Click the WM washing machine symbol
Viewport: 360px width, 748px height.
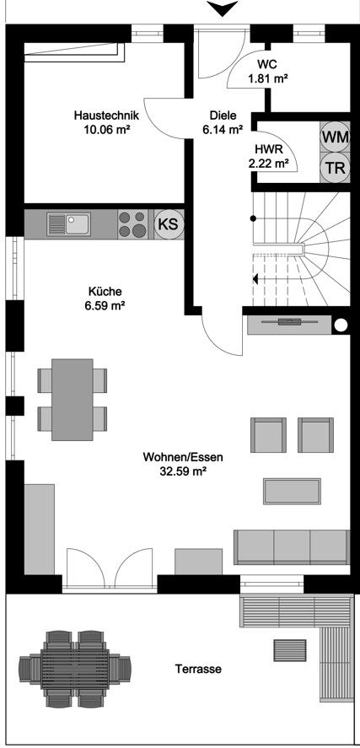[x=335, y=137]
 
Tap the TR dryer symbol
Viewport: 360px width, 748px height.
[x=335, y=168]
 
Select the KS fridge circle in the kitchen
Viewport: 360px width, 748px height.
[x=169, y=223]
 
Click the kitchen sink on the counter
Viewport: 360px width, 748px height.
[x=69, y=224]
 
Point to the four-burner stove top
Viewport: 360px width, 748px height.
[x=132, y=224]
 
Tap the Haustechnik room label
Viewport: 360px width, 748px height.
[x=106, y=116]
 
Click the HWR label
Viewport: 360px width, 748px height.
[x=266, y=148]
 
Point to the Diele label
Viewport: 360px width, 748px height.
[x=223, y=116]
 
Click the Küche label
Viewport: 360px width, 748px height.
[x=105, y=291]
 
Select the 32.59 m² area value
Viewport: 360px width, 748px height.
[x=183, y=471]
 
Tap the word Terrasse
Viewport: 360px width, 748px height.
[x=198, y=670]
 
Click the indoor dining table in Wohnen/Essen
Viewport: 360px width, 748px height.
[x=73, y=400]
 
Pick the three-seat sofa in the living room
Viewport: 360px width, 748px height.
[x=292, y=546]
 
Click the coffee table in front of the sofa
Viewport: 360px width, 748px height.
[x=293, y=492]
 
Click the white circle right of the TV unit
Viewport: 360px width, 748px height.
[x=341, y=326]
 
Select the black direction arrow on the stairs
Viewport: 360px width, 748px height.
[x=255, y=278]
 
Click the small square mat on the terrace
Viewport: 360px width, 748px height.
[x=289, y=650]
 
